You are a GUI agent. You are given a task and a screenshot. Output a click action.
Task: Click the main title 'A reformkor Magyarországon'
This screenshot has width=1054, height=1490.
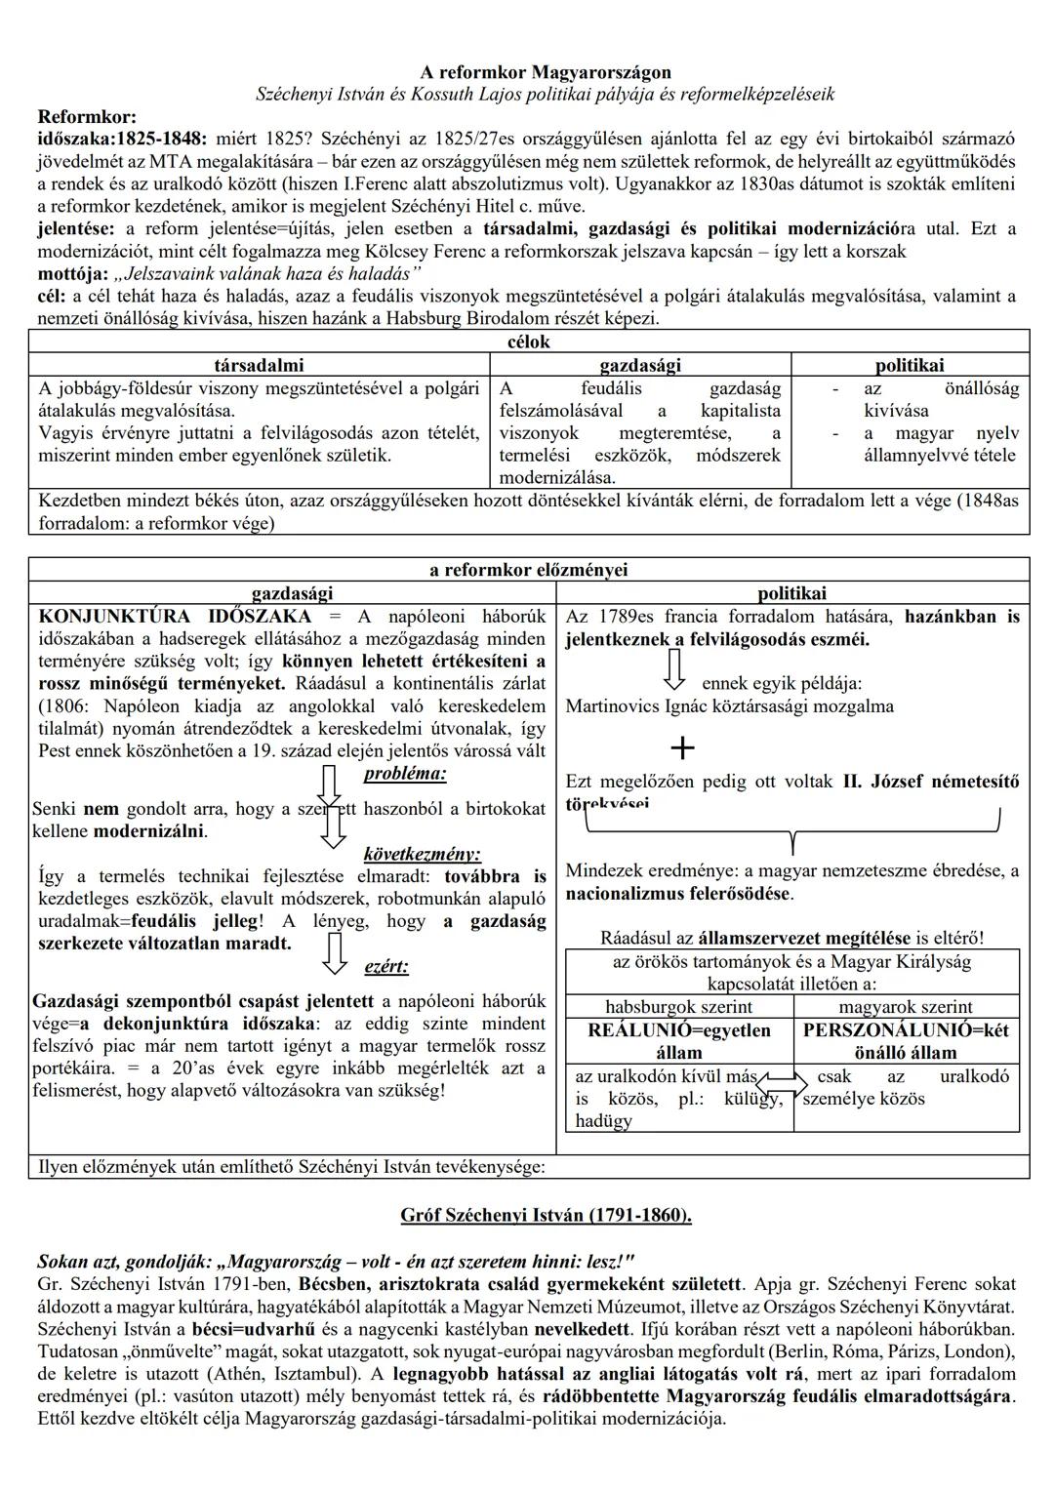[546, 72]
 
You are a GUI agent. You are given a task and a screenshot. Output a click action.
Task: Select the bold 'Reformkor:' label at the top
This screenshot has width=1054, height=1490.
[87, 117]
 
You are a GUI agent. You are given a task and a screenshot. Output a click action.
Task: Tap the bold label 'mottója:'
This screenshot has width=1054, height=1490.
[73, 273]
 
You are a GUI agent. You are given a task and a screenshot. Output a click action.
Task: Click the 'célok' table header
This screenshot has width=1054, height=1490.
[528, 342]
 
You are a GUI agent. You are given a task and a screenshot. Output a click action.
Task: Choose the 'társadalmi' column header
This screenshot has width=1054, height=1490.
[259, 365]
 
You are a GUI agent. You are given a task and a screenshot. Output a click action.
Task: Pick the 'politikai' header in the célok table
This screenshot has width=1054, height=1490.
[910, 365]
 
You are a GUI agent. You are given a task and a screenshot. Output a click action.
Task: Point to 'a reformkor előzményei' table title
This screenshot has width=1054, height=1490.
[528, 570]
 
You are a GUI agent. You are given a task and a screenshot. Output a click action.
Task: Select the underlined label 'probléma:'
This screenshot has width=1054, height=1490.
[405, 774]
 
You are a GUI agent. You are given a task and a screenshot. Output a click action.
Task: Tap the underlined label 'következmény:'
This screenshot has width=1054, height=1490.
[422, 854]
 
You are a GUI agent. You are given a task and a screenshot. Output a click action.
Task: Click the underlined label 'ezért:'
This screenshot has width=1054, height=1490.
[385, 966]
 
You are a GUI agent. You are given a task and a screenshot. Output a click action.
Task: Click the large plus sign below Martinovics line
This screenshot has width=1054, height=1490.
[683, 748]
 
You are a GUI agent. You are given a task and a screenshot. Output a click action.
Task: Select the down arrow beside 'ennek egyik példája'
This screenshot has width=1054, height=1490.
[674, 669]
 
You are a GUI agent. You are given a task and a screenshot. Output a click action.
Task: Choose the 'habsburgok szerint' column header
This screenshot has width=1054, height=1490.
[678, 1006]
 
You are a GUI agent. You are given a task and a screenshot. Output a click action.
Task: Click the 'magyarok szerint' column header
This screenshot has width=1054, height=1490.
[906, 1006]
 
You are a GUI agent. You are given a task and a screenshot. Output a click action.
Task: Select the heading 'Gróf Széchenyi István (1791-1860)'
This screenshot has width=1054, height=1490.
[546, 1215]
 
